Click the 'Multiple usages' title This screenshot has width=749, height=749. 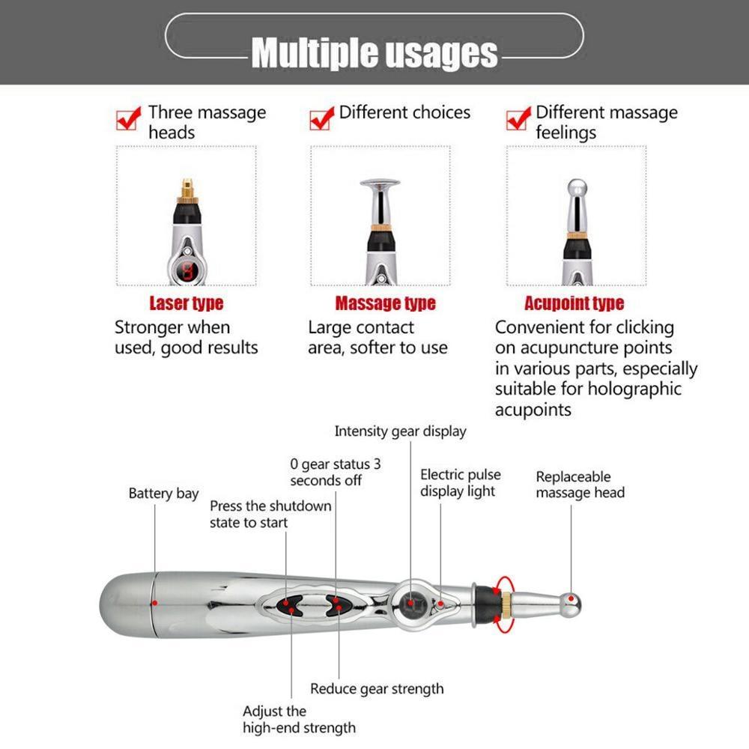374,52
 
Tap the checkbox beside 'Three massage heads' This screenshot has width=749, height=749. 128,118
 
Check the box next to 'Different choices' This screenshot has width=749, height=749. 321,118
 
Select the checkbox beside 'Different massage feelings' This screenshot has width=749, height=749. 518,118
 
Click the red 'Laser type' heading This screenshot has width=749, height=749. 187,303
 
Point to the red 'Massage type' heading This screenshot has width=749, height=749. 385,303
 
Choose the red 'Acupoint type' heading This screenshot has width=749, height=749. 574,303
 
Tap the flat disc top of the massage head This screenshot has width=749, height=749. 380,182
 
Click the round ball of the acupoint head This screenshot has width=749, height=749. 576,188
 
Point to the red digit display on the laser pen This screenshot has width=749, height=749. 186,271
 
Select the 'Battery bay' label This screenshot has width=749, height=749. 163,494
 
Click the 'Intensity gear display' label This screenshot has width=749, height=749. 400,431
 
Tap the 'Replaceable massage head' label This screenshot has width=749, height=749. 580,485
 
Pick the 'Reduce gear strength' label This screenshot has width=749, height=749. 377,689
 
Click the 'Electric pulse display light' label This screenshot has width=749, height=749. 460,483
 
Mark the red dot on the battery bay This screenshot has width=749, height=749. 154,602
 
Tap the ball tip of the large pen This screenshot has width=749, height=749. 572,599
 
